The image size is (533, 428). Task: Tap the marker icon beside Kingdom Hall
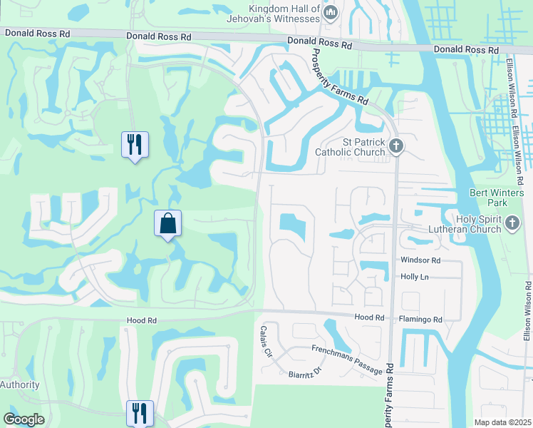330,12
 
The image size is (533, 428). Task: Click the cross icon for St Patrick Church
397,147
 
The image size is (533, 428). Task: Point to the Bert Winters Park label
497,198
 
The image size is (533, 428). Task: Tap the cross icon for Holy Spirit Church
512,224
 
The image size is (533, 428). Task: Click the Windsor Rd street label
420,260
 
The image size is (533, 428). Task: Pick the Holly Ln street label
414,276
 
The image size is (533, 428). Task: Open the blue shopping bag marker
167,224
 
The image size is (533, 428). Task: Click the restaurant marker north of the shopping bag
134,145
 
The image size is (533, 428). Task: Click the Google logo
24,419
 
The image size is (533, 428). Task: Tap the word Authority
20,384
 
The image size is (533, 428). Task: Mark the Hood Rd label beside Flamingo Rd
369,317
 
